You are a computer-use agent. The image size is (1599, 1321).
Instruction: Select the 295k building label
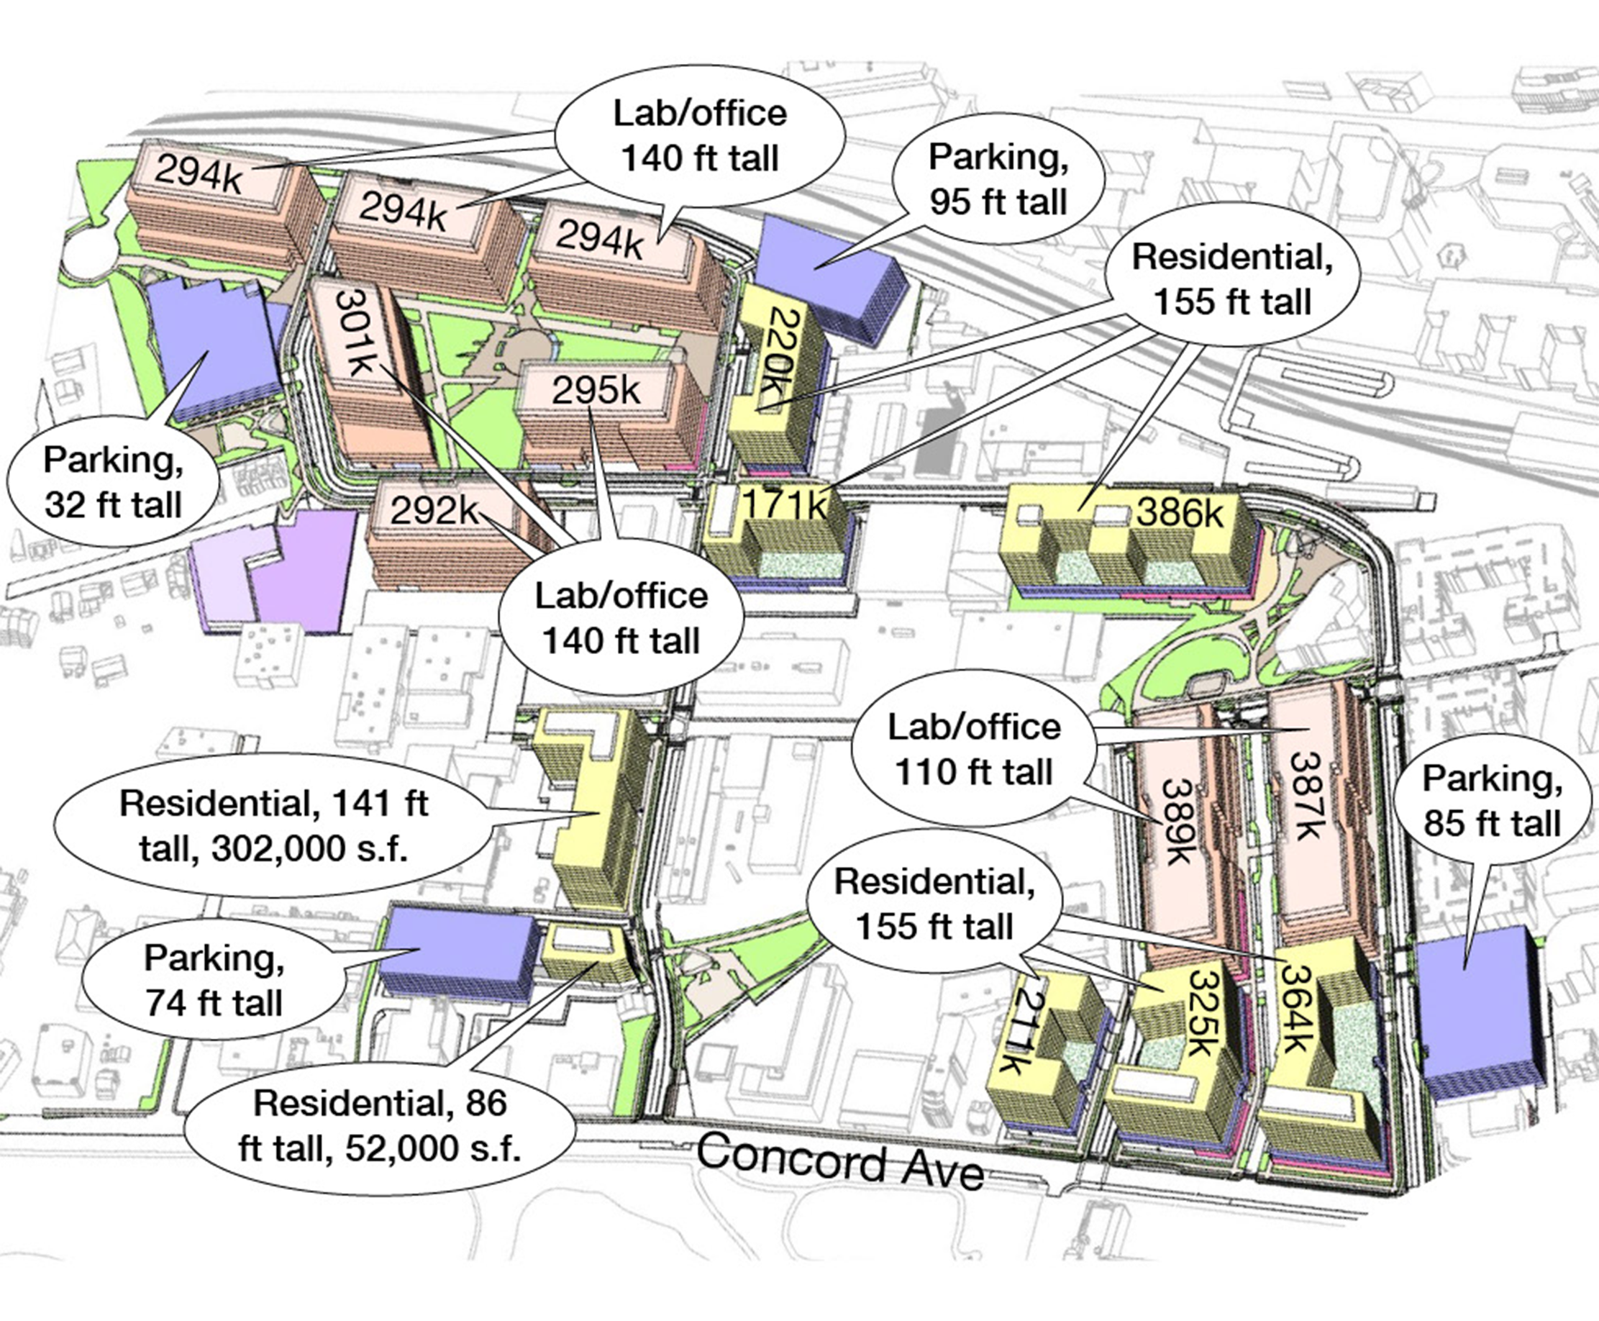tap(596, 391)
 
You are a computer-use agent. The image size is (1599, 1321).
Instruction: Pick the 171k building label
tap(784, 504)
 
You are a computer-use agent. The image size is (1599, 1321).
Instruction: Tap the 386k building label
tap(1180, 512)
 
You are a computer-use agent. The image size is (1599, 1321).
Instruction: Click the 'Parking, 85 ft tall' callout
tap(1492, 801)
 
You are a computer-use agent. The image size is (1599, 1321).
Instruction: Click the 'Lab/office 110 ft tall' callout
tap(974, 749)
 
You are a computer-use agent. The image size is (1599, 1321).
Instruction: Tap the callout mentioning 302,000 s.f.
tap(274, 826)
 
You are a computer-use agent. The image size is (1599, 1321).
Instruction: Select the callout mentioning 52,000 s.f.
tap(381, 1125)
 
